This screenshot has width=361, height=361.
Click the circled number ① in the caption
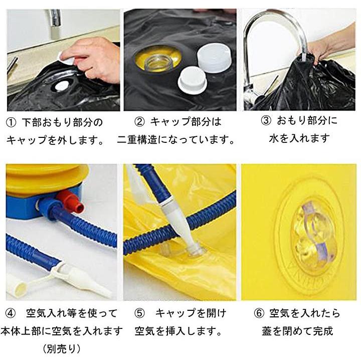coord(11,123)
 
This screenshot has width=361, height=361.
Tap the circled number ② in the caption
coord(139,122)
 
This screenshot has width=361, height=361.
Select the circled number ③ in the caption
coord(266,121)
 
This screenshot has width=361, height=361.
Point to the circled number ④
coord(10,313)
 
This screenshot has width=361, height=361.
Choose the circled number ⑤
coord(139,313)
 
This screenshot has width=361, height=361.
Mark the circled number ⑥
coord(259,313)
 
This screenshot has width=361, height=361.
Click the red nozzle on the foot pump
coord(71,200)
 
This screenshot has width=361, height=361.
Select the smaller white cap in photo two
coord(192,80)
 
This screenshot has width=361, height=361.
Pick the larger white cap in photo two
coord(214,59)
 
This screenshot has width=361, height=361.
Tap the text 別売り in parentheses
coord(62,349)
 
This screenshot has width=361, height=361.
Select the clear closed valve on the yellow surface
coord(313,235)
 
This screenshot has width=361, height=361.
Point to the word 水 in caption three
coord(274,138)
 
